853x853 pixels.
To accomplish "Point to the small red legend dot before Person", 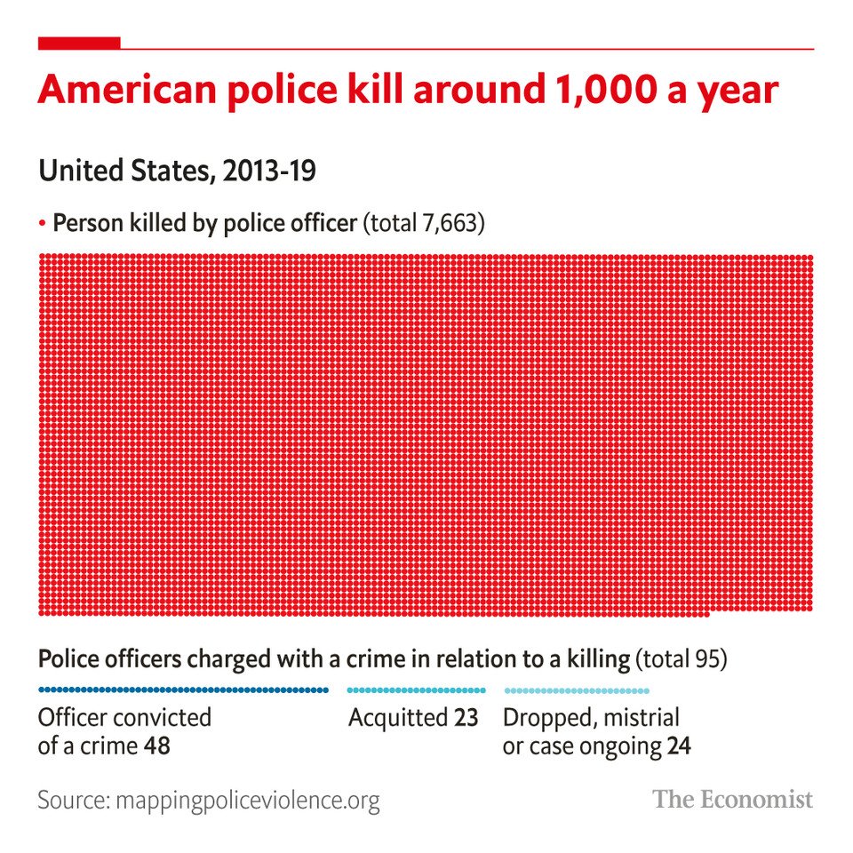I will pos(42,223).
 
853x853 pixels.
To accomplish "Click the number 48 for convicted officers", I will pos(156,745).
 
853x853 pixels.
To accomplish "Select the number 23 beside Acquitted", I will pos(466,717).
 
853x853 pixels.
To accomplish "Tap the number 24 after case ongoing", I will pos(679,745).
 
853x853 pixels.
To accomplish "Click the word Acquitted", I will pos(398,717).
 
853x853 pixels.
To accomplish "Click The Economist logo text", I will pos(733,799).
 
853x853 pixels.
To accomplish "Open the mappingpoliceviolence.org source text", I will pos(245,801).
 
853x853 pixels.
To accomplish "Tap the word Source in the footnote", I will pos(69,800).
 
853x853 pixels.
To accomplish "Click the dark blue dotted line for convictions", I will pos(183,690).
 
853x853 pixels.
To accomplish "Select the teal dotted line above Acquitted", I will pos(416,690).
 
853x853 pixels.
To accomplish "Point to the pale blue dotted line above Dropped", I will pos(577,690).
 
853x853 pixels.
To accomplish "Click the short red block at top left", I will pos(79,43).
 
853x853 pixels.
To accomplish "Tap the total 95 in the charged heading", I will pos(708,660).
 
